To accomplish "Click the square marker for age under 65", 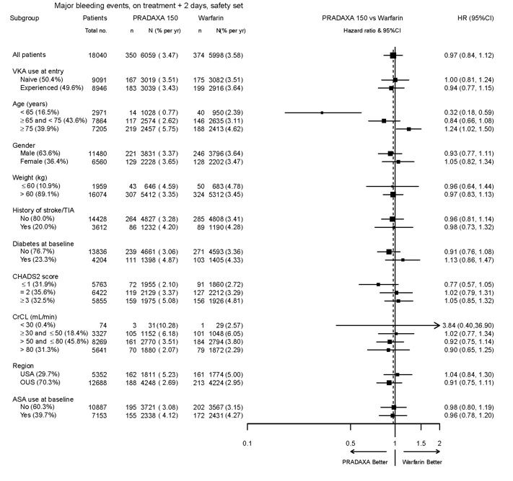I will pyautogui.click(x=322, y=112).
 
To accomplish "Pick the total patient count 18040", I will pyautogui.click(x=99, y=55).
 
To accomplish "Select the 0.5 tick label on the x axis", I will pyautogui.click(x=349, y=443).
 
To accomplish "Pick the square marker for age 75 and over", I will pyautogui.click(x=408, y=129).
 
